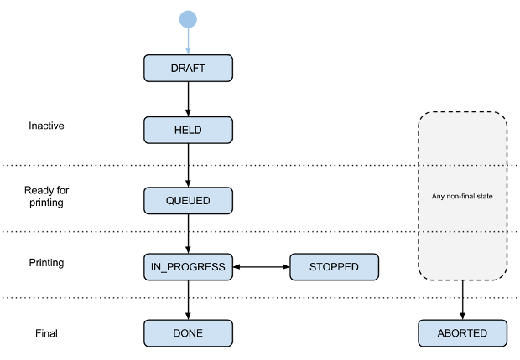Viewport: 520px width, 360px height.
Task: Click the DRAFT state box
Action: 188,68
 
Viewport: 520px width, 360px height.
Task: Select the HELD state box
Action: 188,131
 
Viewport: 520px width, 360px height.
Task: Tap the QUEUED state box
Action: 188,201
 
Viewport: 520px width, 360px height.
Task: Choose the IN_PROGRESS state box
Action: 188,267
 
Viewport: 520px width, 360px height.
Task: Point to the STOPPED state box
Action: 334,267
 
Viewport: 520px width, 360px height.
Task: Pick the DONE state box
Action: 188,333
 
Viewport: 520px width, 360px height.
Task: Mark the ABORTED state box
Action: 462,333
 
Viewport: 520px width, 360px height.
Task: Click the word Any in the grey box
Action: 436,198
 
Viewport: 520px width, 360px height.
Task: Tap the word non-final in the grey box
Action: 460,198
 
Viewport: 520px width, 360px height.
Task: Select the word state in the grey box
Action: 486,198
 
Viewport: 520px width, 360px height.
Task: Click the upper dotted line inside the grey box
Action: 462,166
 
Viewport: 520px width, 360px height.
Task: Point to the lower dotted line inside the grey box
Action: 462,231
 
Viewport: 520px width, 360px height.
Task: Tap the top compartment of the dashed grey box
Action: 462,139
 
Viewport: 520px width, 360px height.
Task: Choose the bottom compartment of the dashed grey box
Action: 462,255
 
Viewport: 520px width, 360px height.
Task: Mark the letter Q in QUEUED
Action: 170,201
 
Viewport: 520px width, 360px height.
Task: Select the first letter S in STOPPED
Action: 313,267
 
